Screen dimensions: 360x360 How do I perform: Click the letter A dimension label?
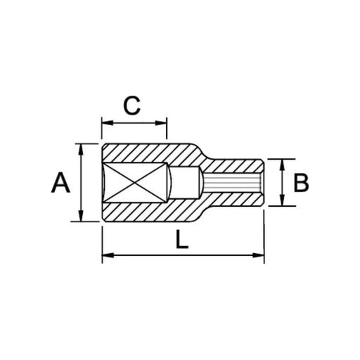pos(62,184)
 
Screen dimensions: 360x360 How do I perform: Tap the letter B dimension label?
pos(301,184)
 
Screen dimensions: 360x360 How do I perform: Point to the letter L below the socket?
pos(181,240)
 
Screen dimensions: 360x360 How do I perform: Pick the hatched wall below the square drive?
pos(141,212)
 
